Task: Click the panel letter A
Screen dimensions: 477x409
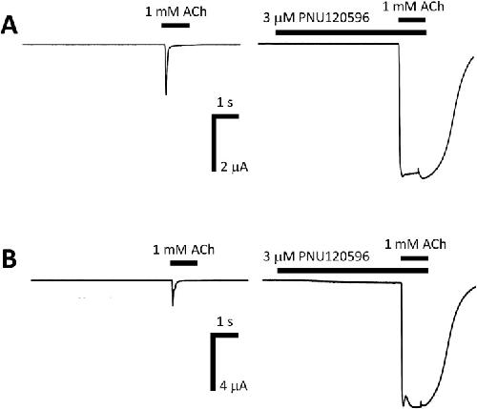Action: (10, 26)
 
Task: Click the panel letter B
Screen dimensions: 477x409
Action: (10, 260)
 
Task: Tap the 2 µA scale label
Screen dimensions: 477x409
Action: (234, 167)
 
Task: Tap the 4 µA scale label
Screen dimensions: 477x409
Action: (234, 386)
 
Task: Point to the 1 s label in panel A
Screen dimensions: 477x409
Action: (225, 103)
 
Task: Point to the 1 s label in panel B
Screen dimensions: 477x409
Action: (225, 322)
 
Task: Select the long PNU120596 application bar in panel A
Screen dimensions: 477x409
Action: (351, 32)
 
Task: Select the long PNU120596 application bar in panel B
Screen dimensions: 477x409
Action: (353, 271)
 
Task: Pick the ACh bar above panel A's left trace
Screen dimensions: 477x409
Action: (176, 26)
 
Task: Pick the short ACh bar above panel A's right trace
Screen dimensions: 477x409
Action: (412, 20)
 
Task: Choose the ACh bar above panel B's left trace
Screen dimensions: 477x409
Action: (184, 263)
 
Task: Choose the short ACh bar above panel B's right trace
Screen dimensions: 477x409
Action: (414, 257)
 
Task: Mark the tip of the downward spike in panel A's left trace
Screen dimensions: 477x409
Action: (166, 94)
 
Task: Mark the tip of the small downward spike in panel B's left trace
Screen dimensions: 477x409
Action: (173, 305)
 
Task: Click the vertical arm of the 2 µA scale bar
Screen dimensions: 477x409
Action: (214, 143)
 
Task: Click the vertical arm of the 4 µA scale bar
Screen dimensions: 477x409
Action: (213, 362)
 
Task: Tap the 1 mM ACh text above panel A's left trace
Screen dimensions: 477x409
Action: (176, 12)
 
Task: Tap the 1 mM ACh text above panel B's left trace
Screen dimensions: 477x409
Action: (183, 250)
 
